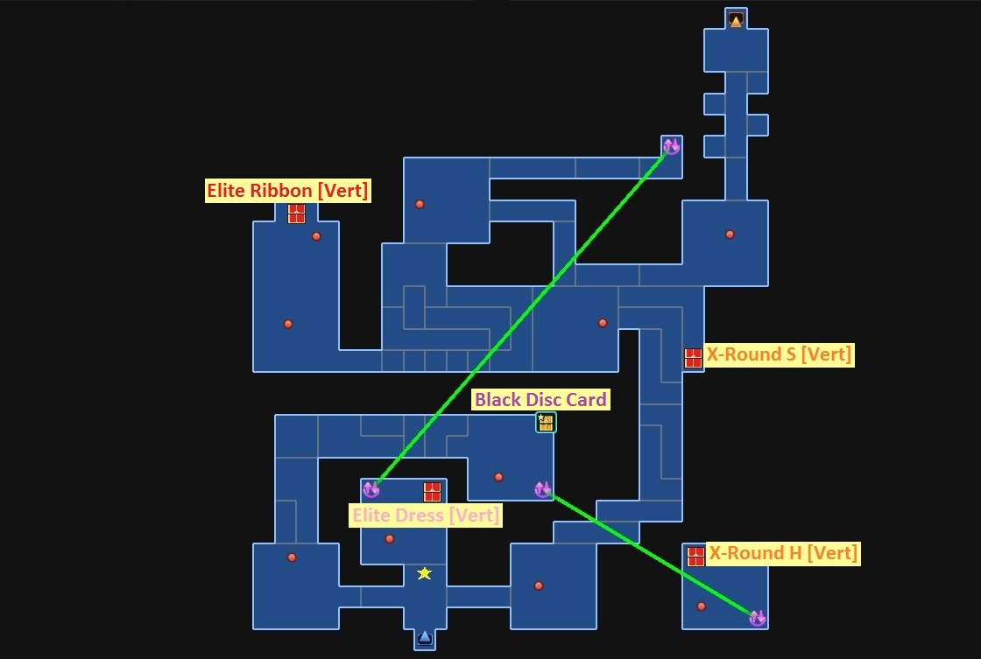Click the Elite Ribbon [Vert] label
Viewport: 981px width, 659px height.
coord(287,191)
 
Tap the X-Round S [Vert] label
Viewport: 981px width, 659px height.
coord(779,354)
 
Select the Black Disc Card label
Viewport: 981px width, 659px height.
coord(540,400)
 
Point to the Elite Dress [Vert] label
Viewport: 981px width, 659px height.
coord(426,515)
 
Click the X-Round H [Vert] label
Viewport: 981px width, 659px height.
coord(783,553)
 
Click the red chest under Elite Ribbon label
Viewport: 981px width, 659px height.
coord(296,214)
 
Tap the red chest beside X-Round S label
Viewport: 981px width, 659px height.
coord(693,358)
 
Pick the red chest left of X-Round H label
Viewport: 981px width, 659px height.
coord(695,557)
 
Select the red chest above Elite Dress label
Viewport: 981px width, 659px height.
coord(432,492)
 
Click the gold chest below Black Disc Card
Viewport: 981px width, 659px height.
coord(546,423)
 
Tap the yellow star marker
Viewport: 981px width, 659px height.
coord(425,573)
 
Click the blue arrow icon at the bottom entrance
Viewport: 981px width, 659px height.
coord(425,637)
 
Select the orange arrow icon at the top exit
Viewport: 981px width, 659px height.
coord(736,19)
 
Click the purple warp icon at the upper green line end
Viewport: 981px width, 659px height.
coord(671,146)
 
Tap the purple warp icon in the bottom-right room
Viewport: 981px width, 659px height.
coord(757,618)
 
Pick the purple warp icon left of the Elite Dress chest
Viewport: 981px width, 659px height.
coord(371,489)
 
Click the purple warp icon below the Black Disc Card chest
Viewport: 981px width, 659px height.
coord(542,489)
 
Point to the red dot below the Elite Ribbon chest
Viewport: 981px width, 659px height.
coord(316,236)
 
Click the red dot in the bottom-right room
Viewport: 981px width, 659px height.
coord(701,606)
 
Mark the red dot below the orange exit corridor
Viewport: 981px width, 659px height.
coord(730,234)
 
